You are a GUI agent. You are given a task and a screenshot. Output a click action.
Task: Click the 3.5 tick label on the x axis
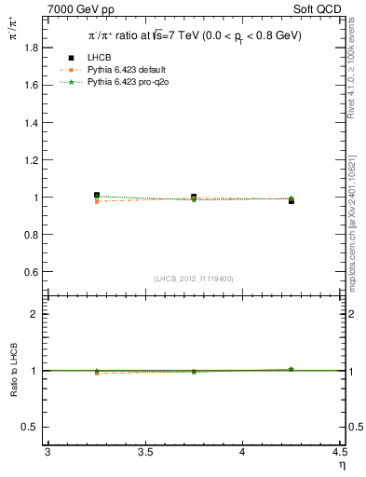144,452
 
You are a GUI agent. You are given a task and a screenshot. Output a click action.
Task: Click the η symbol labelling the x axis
341,465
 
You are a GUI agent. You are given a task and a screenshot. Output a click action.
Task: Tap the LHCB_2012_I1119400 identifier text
194,279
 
